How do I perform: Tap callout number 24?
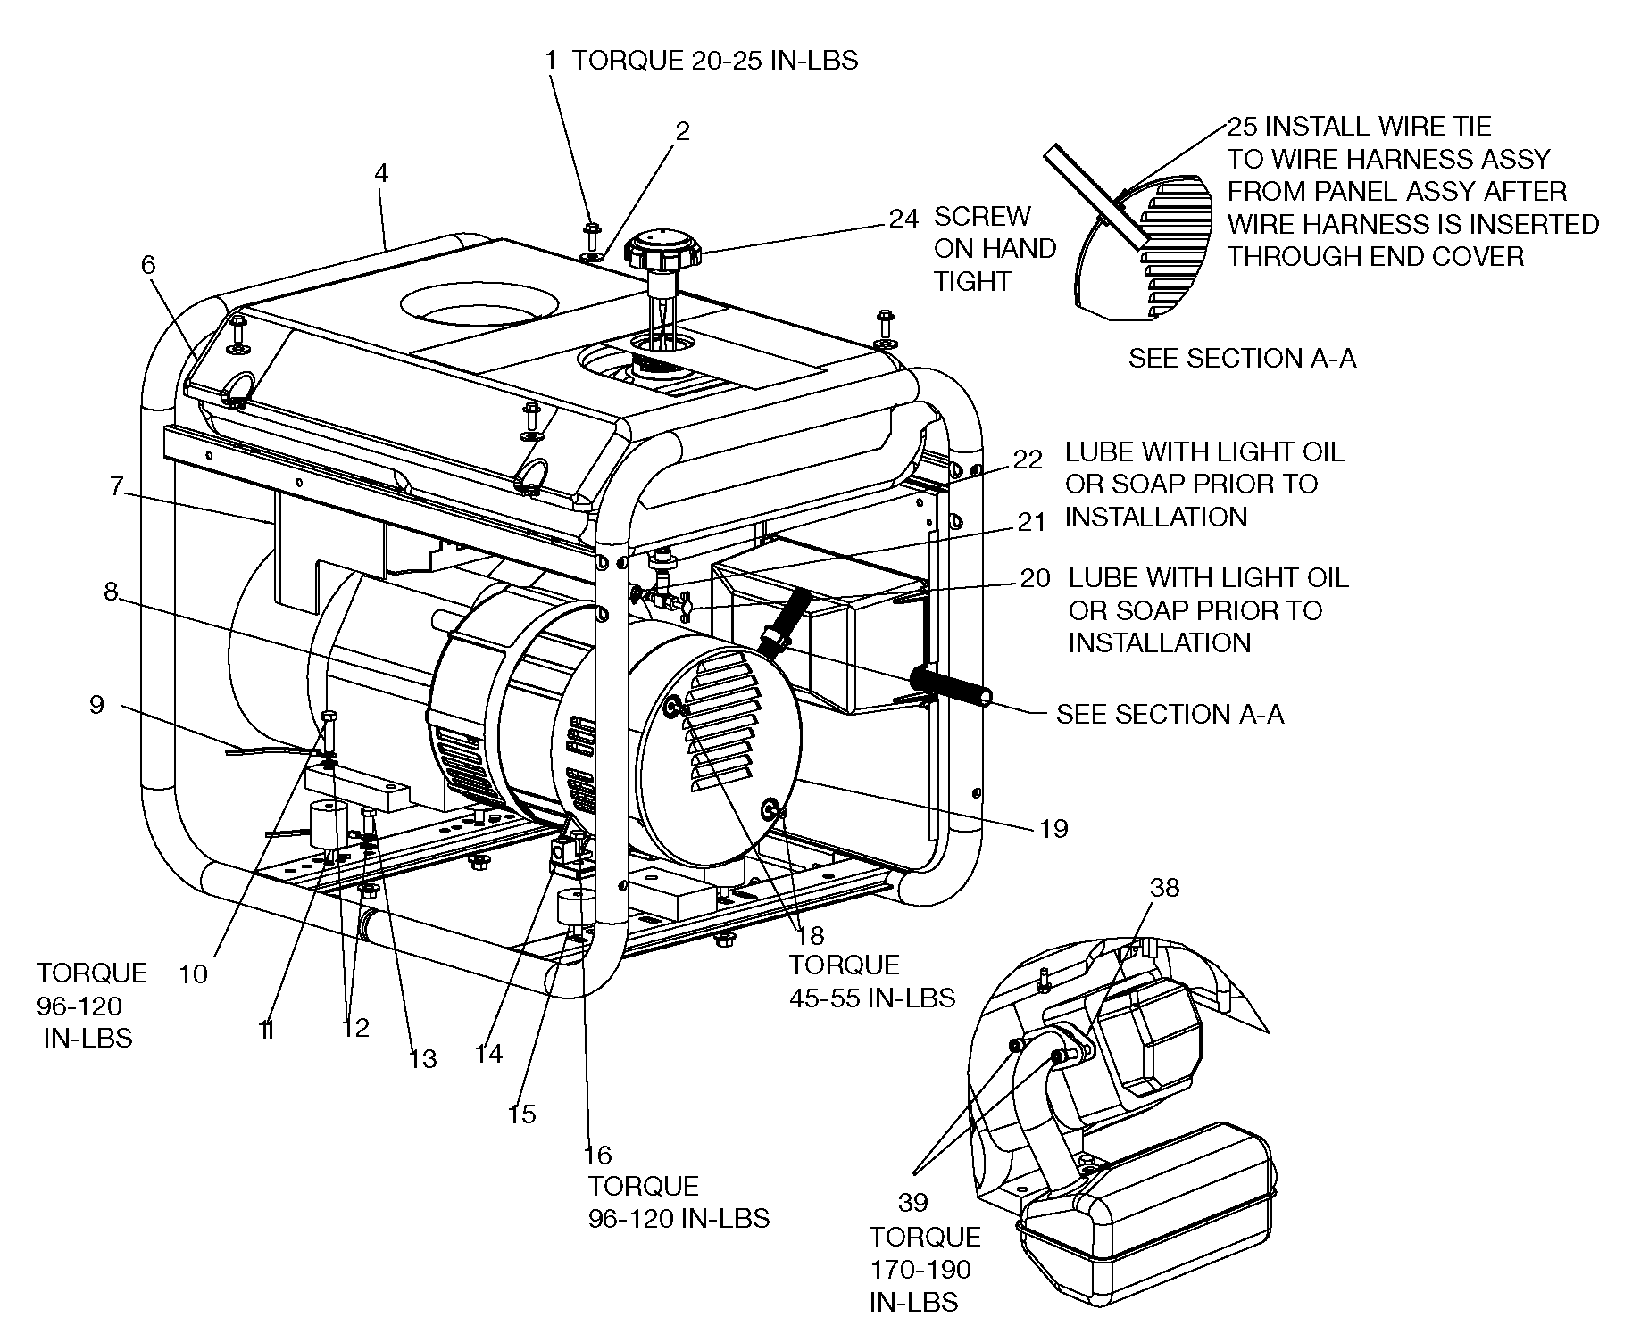[x=903, y=220]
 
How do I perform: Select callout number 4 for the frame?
[x=381, y=173]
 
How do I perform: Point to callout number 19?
[x=1053, y=829]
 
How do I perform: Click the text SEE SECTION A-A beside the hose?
[x=1170, y=714]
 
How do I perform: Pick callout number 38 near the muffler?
[x=1164, y=888]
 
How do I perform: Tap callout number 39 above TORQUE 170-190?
[x=912, y=1203]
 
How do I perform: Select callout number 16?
[x=597, y=1156]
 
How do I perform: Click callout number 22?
[x=1028, y=460]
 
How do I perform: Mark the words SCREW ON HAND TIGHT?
[x=994, y=249]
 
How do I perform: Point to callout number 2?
[x=682, y=132]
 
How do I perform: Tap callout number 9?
[x=96, y=705]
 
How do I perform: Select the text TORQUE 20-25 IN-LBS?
[x=714, y=61]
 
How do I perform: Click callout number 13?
[x=422, y=1059]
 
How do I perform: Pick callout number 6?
[x=148, y=264]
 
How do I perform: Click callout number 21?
[x=1031, y=522]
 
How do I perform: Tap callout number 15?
[x=521, y=1114]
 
